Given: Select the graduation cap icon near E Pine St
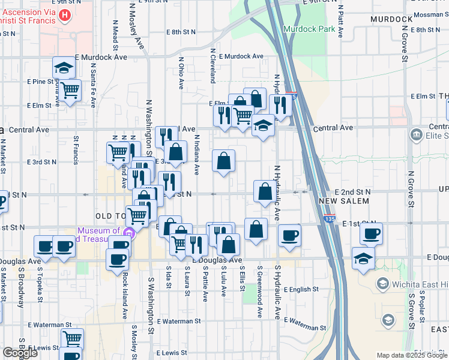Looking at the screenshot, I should point(64,68).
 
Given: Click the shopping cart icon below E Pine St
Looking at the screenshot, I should point(71,90).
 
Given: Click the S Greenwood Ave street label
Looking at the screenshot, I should point(260,292).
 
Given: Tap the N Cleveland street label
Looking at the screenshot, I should point(212,66).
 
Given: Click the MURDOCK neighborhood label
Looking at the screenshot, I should point(391,19).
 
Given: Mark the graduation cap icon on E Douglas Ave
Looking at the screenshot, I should point(364,259).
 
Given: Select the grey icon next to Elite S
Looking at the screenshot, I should point(415,136).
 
